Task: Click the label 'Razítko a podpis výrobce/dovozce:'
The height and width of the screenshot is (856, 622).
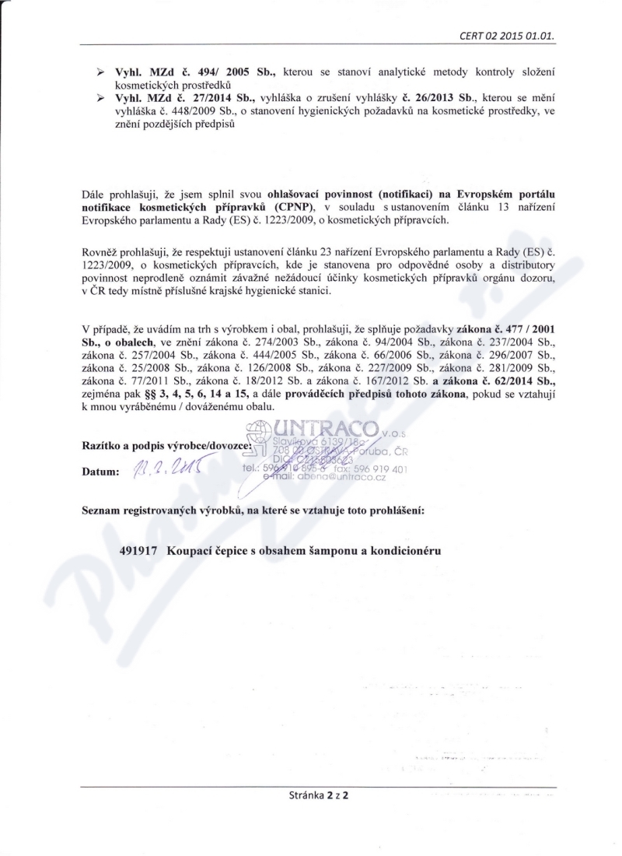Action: (166, 447)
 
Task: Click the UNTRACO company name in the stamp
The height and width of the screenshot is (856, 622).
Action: (327, 428)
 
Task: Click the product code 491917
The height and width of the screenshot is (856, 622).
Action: (141, 550)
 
